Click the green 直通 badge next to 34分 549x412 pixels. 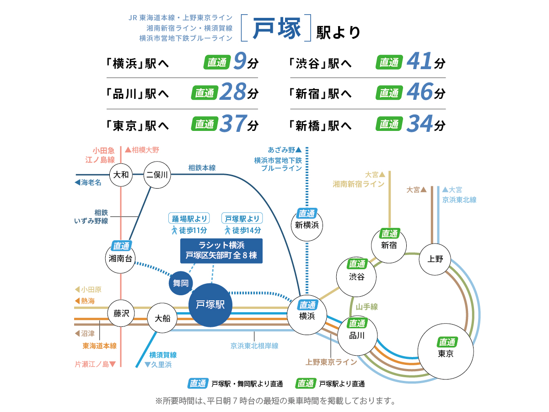click(x=389, y=124)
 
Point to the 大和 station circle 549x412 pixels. click(x=121, y=174)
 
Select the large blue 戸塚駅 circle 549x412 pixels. click(x=210, y=305)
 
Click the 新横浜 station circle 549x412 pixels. click(x=307, y=224)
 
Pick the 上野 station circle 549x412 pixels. click(x=436, y=259)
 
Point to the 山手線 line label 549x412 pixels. click(x=367, y=307)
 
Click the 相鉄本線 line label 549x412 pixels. click(x=202, y=168)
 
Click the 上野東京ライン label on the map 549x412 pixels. click(x=331, y=362)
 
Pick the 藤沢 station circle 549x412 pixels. click(x=121, y=314)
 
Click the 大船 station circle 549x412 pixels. click(x=162, y=318)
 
